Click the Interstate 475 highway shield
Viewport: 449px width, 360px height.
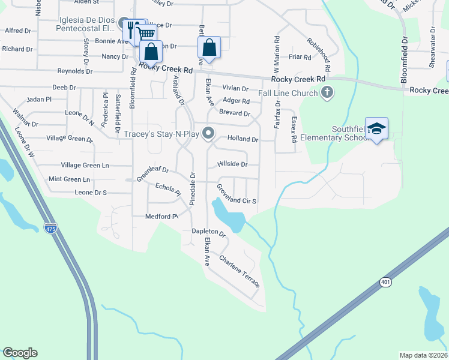click(50, 228)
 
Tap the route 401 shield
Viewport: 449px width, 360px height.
click(385, 281)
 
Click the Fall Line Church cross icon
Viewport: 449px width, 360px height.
click(327, 92)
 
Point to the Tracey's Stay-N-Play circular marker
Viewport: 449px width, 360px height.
click(208, 133)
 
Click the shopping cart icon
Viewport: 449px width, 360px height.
click(145, 34)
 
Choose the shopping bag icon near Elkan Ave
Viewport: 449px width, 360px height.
click(209, 48)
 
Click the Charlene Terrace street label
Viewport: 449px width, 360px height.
click(240, 270)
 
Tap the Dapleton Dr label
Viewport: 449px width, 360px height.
click(208, 232)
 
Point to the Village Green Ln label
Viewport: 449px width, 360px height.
click(85, 165)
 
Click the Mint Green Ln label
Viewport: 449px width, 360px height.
click(69, 179)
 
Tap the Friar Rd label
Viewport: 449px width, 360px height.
click(300, 58)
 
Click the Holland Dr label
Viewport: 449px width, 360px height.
click(243, 139)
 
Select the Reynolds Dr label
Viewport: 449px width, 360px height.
click(71, 71)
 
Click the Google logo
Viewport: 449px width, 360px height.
click(20, 353)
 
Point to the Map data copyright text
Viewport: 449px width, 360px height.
click(423, 355)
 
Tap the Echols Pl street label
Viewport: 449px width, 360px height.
click(167, 190)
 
